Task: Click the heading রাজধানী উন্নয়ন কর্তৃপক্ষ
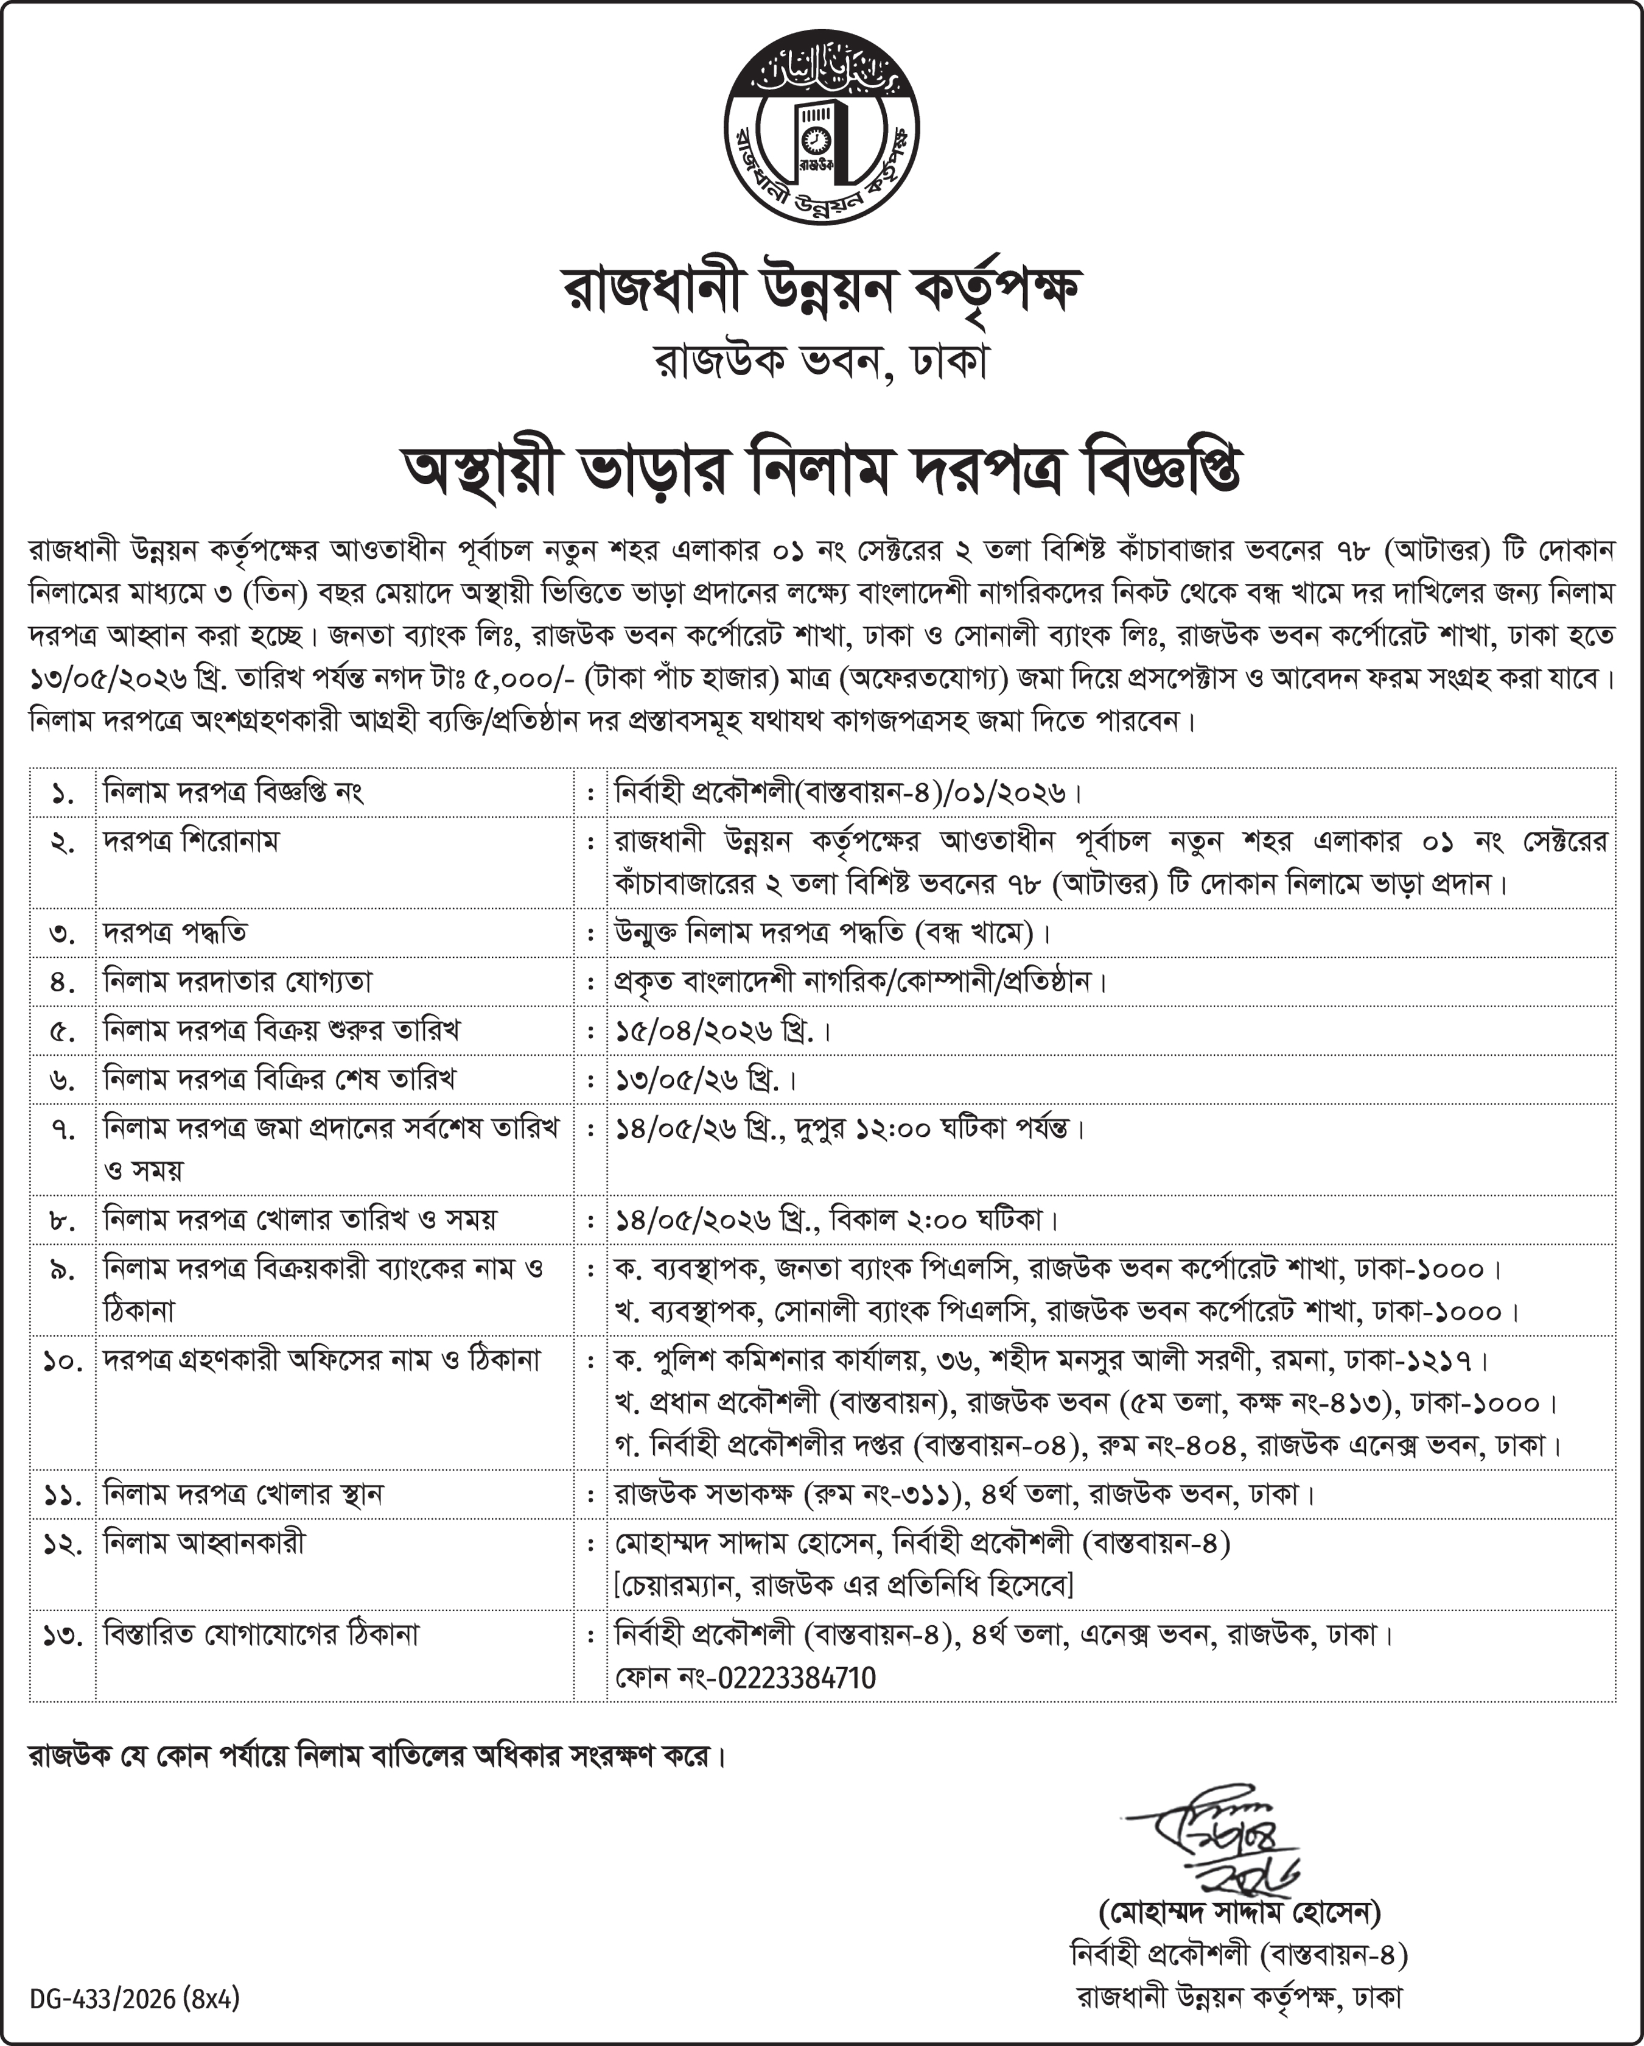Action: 822,289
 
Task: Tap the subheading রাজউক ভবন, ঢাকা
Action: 822,362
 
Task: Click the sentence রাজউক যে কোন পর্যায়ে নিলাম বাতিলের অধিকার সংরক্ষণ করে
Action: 377,1756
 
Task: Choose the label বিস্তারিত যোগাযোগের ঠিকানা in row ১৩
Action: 261,1634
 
